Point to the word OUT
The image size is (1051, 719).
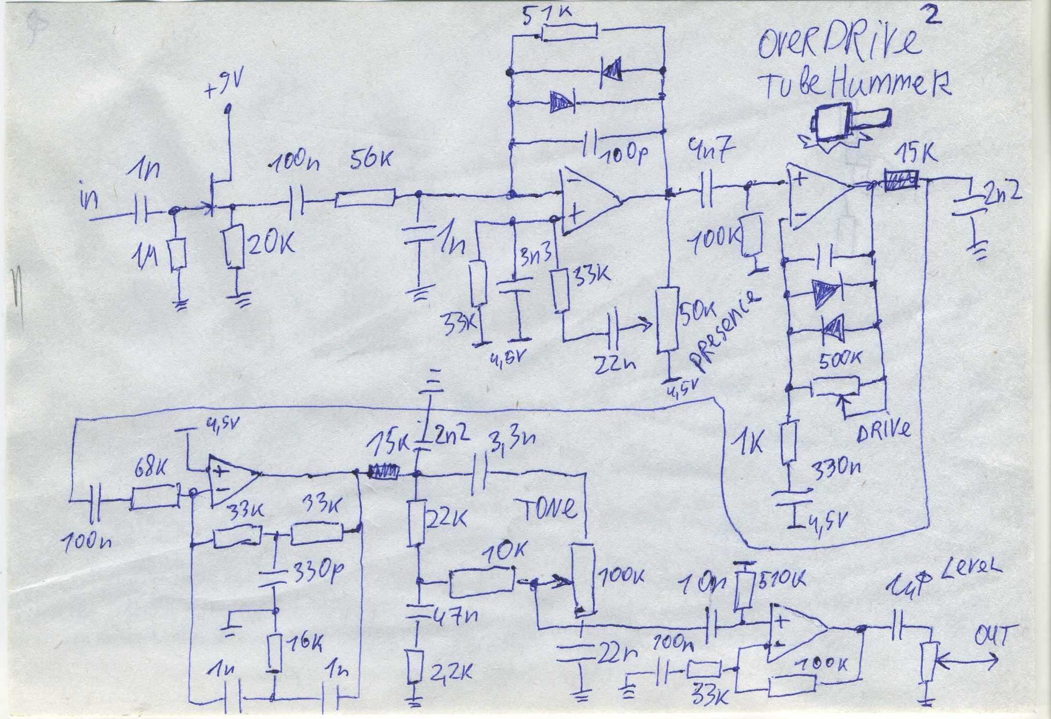[990, 636]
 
